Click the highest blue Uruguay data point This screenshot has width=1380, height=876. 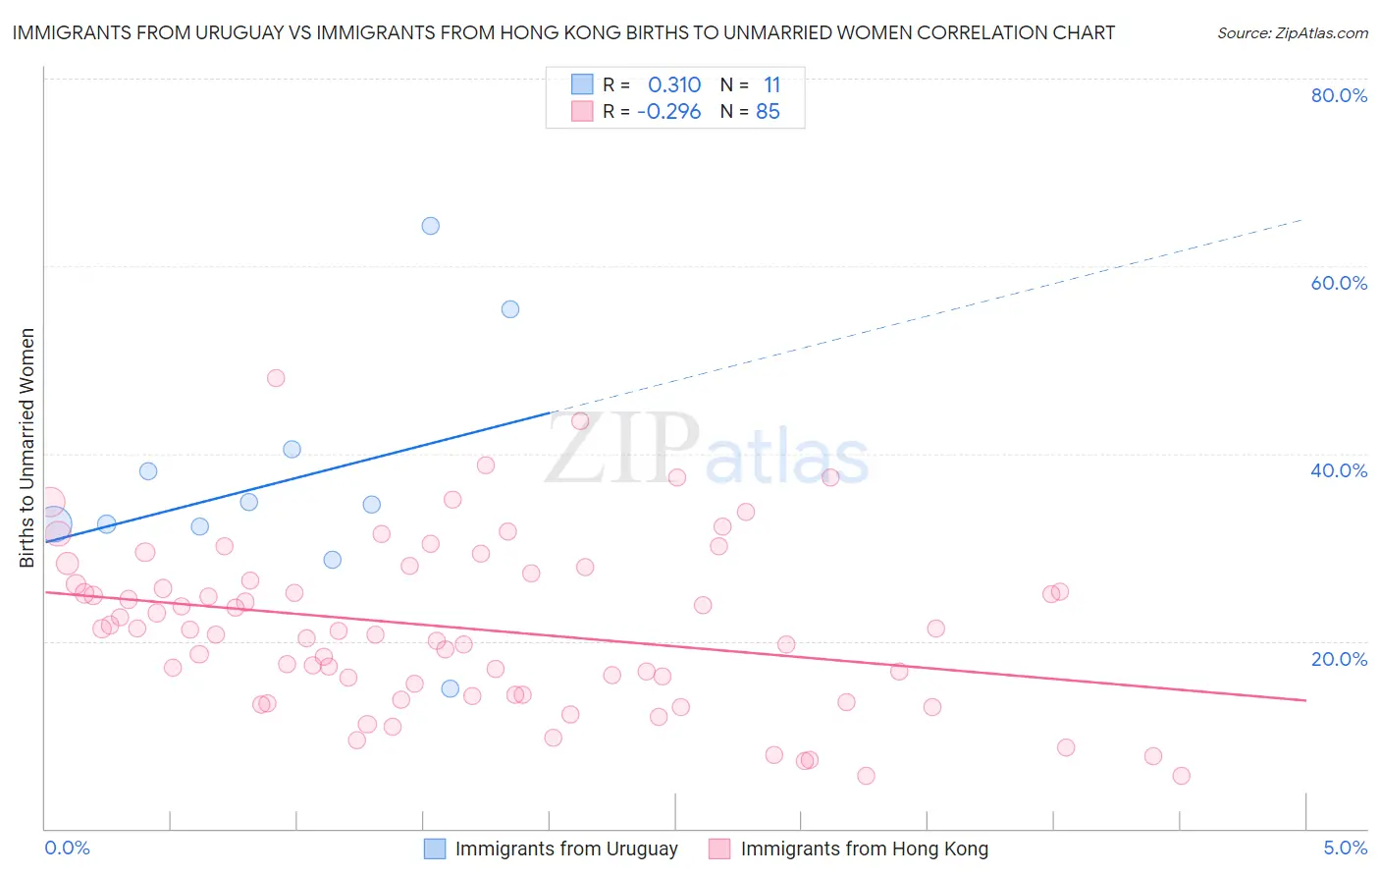pyautogui.click(x=430, y=226)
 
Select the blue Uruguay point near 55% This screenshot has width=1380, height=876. pyautogui.click(x=510, y=309)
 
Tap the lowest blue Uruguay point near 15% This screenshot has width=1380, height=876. pyautogui.click(x=450, y=688)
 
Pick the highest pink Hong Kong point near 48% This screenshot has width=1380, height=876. pyautogui.click(x=276, y=378)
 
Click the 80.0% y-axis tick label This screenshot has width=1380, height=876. pyautogui.click(x=1339, y=95)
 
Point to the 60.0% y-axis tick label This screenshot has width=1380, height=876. pyautogui.click(x=1339, y=283)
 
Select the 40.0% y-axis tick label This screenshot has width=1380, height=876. pyautogui.click(x=1339, y=470)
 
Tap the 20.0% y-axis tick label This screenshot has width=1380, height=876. pyautogui.click(x=1339, y=659)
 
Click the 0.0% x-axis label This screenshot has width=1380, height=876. pyautogui.click(x=67, y=848)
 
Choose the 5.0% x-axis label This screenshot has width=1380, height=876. pyautogui.click(x=1345, y=848)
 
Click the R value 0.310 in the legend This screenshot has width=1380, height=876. pyautogui.click(x=674, y=84)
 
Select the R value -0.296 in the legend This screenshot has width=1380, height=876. pyautogui.click(x=669, y=112)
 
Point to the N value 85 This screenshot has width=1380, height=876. pyautogui.click(x=768, y=112)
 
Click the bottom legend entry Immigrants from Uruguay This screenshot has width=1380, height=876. pyautogui.click(x=566, y=849)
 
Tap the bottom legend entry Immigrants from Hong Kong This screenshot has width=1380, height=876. pyautogui.click(x=864, y=849)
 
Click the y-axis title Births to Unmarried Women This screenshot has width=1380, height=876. pyautogui.click(x=27, y=448)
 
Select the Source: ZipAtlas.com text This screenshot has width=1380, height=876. pyautogui.click(x=1292, y=33)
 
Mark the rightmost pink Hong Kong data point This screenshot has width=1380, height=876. pyautogui.click(x=1181, y=776)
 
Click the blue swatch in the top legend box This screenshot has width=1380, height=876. pyautogui.click(x=582, y=84)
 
